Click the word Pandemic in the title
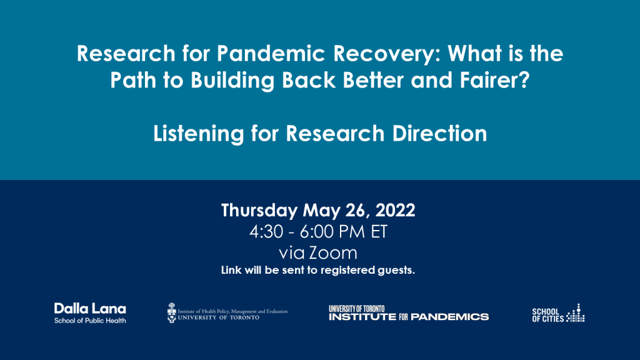coord(271,54)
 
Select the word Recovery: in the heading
coord(387,54)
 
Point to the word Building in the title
coord(232,81)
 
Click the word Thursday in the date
coord(259,211)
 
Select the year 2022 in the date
coord(395,210)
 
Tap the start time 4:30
coord(266,232)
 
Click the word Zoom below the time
coord(332,253)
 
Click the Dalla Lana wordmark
coord(90,309)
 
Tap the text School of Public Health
coord(90,321)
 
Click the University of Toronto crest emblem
coord(172,312)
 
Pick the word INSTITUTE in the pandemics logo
coord(362,317)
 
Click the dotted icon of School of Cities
coord(576,313)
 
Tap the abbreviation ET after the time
coord(379,232)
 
